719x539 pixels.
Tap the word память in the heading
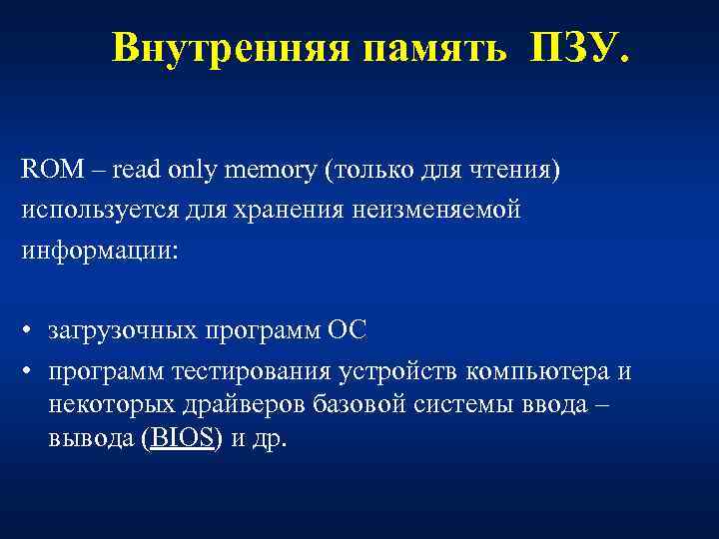point(434,47)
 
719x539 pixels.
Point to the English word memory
point(271,171)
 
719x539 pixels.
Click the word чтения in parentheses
point(512,171)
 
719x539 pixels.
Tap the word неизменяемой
point(446,211)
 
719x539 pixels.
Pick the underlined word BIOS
point(182,440)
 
